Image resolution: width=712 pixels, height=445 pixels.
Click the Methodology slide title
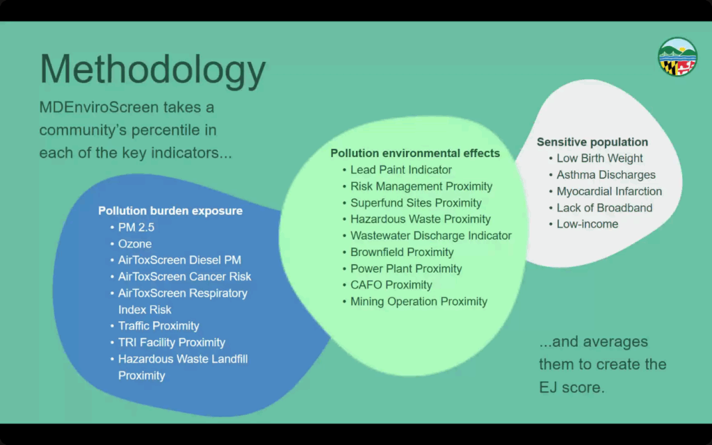tap(152, 70)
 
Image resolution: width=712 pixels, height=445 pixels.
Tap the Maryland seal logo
tap(677, 57)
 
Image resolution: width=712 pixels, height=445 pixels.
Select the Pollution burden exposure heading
tap(170, 211)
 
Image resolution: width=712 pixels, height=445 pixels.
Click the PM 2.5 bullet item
tap(136, 227)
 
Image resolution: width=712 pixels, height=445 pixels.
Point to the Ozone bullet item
tap(135, 244)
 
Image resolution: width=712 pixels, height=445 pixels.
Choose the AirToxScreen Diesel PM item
tap(179, 260)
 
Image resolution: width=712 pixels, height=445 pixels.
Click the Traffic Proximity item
tap(159, 326)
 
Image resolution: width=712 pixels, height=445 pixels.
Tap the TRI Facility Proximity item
tap(172, 342)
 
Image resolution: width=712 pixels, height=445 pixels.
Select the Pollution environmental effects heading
tap(415, 153)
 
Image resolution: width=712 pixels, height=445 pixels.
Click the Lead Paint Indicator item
tap(401, 170)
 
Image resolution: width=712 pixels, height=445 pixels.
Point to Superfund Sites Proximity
tap(416, 202)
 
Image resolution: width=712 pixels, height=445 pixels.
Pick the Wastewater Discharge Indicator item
tap(431, 236)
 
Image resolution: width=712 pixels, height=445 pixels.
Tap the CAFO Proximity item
tap(391, 284)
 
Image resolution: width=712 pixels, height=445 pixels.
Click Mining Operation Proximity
tap(419, 302)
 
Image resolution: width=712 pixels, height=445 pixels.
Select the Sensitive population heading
tap(592, 142)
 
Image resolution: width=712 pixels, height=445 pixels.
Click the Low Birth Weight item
tap(599, 158)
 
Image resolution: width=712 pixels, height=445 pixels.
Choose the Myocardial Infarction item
tap(609, 191)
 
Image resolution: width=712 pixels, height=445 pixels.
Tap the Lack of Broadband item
tap(604, 207)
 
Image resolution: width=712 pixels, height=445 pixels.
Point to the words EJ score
tap(572, 387)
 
